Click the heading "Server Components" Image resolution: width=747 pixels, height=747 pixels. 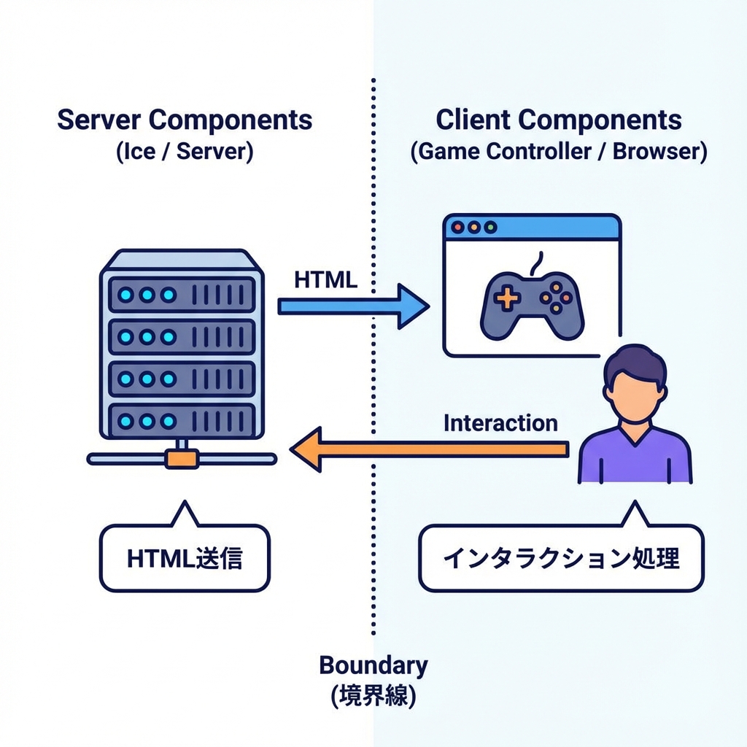tap(185, 120)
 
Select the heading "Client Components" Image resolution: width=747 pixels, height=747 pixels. tap(559, 120)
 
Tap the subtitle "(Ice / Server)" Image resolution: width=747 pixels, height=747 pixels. tap(185, 153)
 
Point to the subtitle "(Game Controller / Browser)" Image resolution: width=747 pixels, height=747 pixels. tap(559, 153)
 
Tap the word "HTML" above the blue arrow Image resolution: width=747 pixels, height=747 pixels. tap(326, 279)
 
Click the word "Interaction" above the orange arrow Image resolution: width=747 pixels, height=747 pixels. tap(500, 423)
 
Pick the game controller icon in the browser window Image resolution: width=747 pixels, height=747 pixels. tap(532, 304)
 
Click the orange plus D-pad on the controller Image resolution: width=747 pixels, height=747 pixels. tap(505, 298)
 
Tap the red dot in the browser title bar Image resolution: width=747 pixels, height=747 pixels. tap(457, 228)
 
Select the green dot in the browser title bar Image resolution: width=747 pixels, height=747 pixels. tap(490, 228)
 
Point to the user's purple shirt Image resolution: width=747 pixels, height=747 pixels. tap(635, 460)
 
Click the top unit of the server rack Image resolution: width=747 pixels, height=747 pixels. tap(182, 295)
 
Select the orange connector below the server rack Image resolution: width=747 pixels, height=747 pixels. tap(182, 459)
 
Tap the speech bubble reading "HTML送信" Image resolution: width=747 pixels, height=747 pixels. tap(185, 558)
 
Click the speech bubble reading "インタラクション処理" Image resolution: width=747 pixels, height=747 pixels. tap(561, 558)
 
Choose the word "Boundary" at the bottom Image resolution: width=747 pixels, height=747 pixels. tap(373, 665)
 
